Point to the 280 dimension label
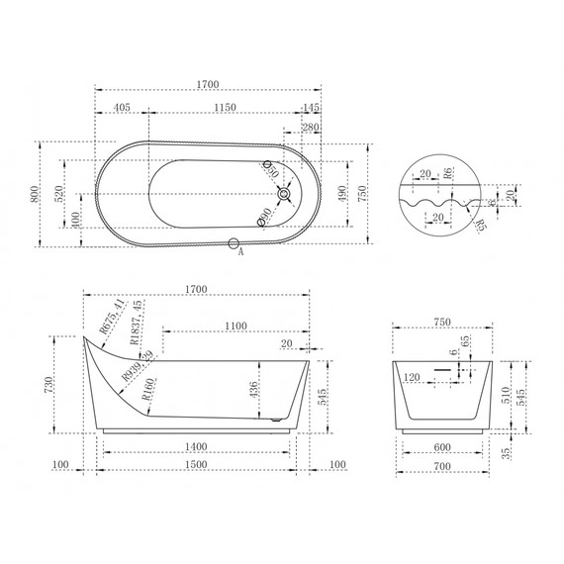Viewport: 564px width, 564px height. point(309,127)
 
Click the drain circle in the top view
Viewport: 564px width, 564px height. point(286,195)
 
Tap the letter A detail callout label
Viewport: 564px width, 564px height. point(241,252)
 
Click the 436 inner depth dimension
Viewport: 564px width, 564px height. point(255,393)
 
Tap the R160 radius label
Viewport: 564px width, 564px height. point(147,398)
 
